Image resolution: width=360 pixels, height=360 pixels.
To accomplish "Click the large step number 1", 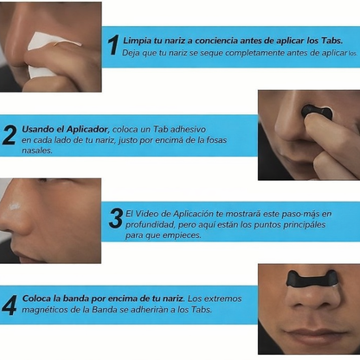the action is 113,45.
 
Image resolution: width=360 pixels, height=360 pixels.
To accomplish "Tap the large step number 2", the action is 9,135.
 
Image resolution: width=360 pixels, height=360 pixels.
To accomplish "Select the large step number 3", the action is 116,218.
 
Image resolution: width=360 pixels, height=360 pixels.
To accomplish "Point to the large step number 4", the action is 10,305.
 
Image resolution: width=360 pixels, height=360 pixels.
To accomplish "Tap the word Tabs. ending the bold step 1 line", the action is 331,41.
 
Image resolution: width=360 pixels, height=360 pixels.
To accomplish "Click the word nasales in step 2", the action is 37,151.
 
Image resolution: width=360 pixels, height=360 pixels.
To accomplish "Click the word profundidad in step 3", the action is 150,225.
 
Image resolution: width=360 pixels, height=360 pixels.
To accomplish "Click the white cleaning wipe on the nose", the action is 45,55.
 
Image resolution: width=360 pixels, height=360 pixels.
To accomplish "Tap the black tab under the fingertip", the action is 317,112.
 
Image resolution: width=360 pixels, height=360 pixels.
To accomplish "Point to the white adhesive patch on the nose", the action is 14,206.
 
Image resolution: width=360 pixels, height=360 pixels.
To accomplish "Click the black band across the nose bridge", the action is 312,279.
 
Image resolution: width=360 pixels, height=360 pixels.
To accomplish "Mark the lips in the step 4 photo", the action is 314,336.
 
